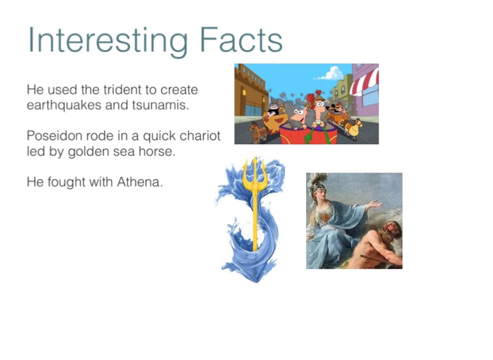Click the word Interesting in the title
pyautogui.click(x=108, y=41)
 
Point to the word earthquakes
pyautogui.click(x=64, y=105)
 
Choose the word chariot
pyautogui.click(x=200, y=136)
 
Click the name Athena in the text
pyautogui.click(x=140, y=182)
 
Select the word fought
pyautogui.click(x=66, y=182)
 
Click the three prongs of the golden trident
pyautogui.click(x=255, y=173)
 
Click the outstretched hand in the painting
pyautogui.click(x=376, y=203)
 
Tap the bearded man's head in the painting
pyautogui.click(x=390, y=231)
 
